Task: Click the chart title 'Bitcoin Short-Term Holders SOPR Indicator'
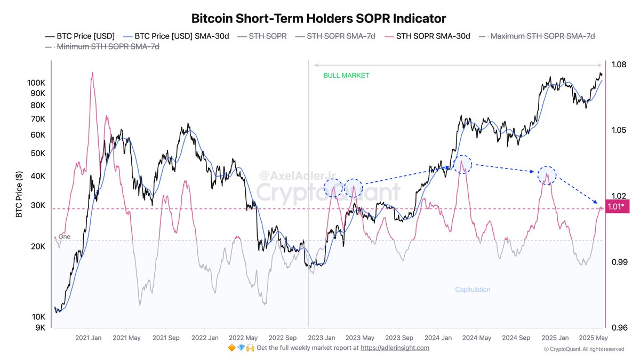click(318, 19)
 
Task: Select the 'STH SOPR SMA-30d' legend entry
click(433, 36)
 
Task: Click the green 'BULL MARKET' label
click(346, 76)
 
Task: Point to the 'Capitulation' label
click(473, 290)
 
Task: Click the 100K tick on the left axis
click(36, 83)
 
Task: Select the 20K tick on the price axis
click(38, 246)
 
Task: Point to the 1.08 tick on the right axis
click(619, 65)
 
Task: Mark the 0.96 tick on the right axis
click(619, 328)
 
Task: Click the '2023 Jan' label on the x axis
click(322, 338)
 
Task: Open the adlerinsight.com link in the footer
click(395, 348)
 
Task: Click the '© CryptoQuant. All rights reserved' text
click(584, 349)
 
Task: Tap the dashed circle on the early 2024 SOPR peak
click(462, 164)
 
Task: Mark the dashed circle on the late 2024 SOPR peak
click(547, 175)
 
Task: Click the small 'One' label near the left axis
click(64, 236)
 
